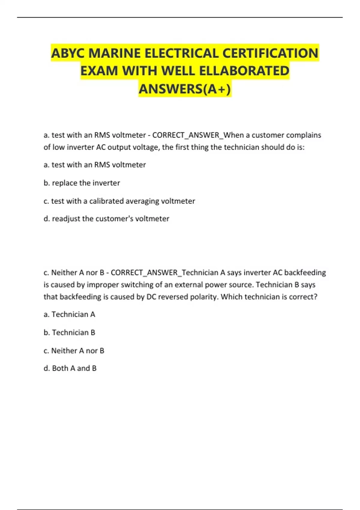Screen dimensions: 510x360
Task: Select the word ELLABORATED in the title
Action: [x=244, y=71]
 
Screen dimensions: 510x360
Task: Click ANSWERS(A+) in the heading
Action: [x=185, y=89]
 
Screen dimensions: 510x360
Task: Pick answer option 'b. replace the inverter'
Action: [x=82, y=183]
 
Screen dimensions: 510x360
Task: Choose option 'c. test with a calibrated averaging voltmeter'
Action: [x=119, y=201]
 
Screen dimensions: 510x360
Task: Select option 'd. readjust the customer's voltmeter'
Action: [x=106, y=219]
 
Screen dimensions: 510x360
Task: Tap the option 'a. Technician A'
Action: [x=69, y=314]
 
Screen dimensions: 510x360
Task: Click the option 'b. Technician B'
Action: [x=69, y=332]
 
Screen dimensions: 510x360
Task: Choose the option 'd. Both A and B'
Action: [x=70, y=368]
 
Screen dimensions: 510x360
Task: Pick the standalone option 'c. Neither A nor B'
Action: [x=74, y=350]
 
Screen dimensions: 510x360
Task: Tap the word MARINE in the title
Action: [x=115, y=53]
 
